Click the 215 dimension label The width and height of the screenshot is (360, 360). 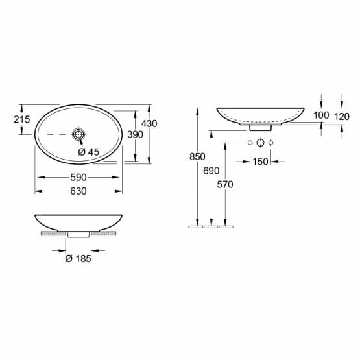coord(21,119)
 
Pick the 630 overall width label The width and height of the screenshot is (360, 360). coord(78,191)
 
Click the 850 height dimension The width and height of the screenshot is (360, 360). coord(197,156)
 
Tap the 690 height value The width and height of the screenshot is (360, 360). coord(211,170)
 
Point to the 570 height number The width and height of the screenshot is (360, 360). coord(225,184)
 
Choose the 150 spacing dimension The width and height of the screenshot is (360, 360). coord(260,161)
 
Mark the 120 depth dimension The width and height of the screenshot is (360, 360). coord(342,115)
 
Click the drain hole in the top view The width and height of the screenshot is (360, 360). coord(79,135)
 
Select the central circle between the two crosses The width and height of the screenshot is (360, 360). coord(260,143)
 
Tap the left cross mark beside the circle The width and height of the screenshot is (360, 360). coord(249,143)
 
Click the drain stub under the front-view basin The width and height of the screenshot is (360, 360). coord(78,234)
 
